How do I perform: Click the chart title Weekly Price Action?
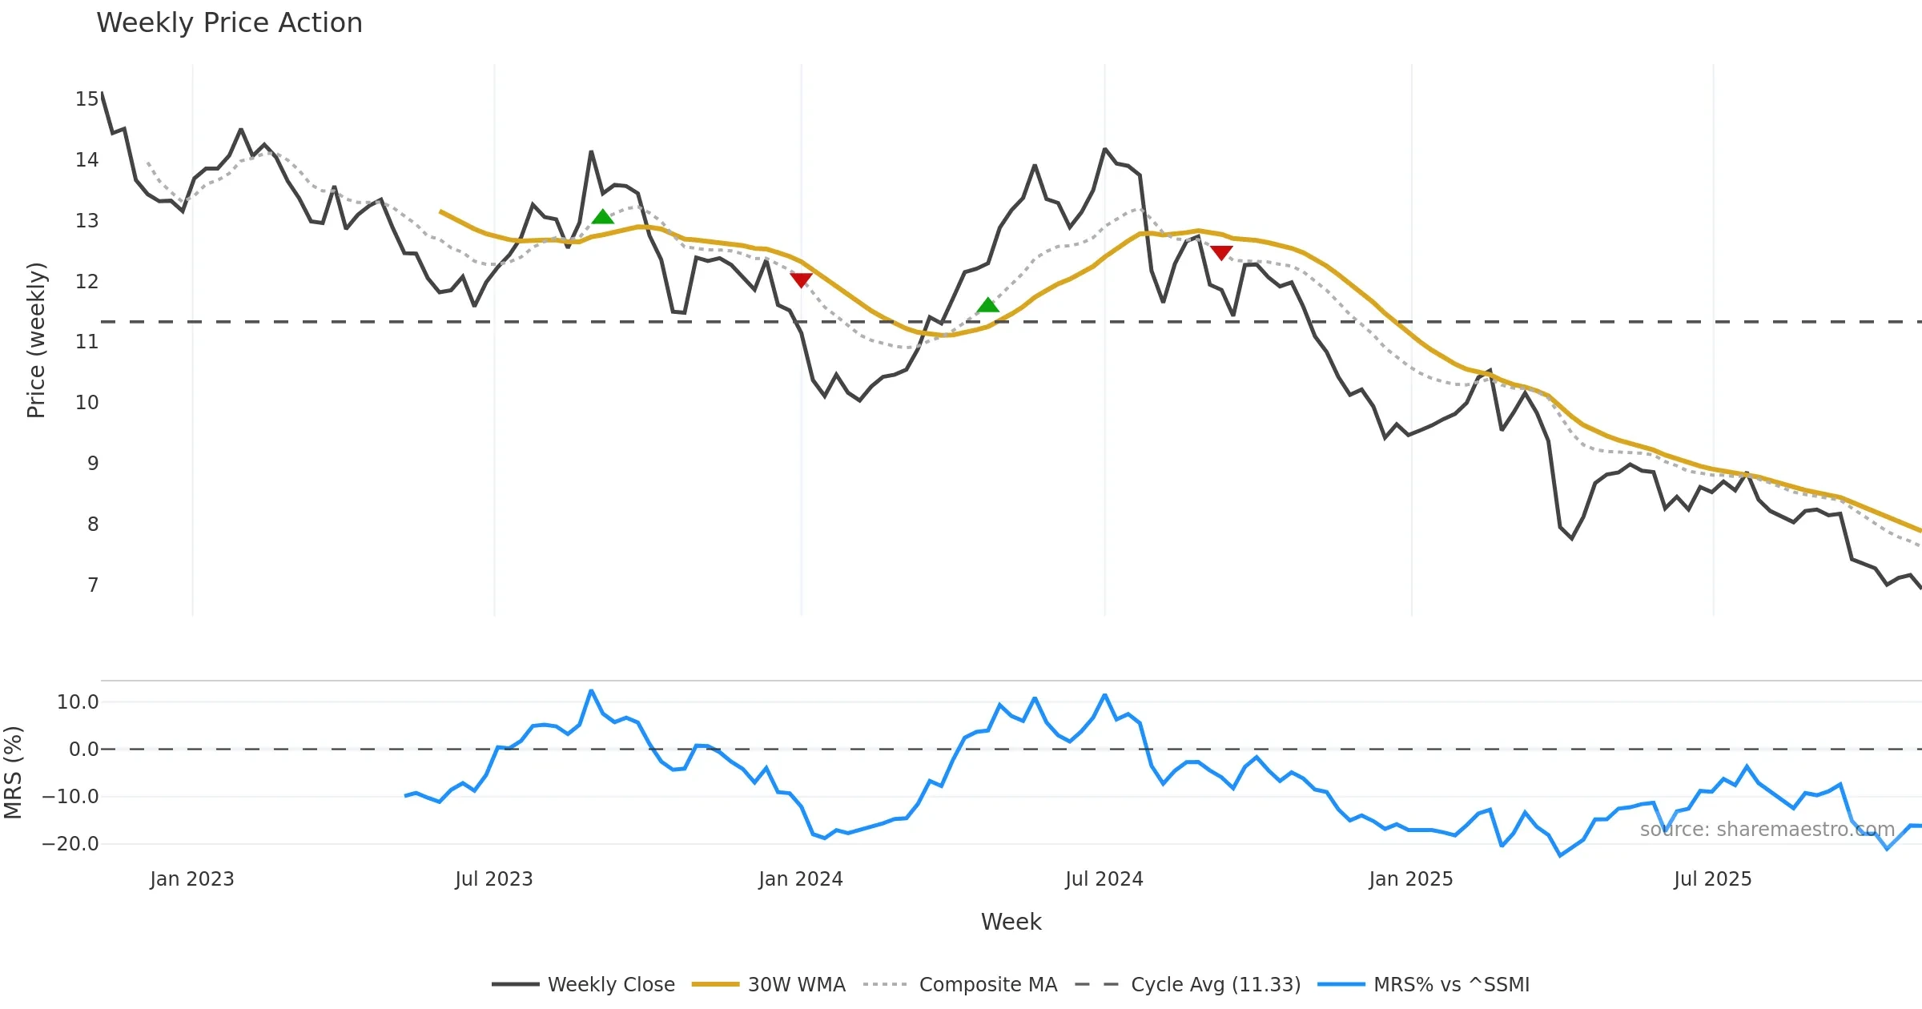pyautogui.click(x=229, y=23)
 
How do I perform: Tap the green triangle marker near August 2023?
pyautogui.click(x=602, y=217)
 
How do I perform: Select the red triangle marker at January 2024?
pyautogui.click(x=801, y=279)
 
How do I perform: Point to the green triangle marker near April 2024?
pyautogui.click(x=987, y=305)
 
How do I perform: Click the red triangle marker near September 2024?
pyautogui.click(x=1221, y=253)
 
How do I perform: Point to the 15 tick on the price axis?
pyautogui.click(x=86, y=99)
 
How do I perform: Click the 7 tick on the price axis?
pyautogui.click(x=93, y=585)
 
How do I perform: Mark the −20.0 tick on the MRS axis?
pyautogui.click(x=70, y=844)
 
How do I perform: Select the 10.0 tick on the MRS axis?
pyautogui.click(x=78, y=702)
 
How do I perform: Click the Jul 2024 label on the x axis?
pyautogui.click(x=1104, y=879)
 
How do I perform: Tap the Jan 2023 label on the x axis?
pyautogui.click(x=191, y=879)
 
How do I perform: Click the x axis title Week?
pyautogui.click(x=1011, y=923)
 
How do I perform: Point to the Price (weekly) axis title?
pyautogui.click(x=37, y=340)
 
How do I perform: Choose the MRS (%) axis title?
pyautogui.click(x=14, y=773)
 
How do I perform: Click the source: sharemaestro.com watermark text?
pyautogui.click(x=1767, y=830)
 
